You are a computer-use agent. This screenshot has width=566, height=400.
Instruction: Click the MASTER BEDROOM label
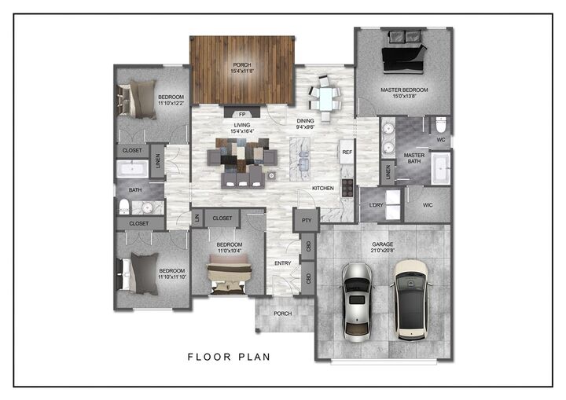coord(404,90)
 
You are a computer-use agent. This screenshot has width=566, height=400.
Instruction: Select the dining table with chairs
coord(324,94)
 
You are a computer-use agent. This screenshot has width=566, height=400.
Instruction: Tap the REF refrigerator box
coord(347,152)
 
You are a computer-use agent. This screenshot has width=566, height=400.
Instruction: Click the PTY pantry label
coord(307,221)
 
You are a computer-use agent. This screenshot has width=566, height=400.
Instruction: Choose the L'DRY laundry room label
coord(376,206)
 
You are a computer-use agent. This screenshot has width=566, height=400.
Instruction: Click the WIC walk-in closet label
coord(427,206)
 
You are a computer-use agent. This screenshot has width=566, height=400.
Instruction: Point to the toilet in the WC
coord(441,126)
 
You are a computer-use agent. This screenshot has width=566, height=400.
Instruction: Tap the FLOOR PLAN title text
coord(229,357)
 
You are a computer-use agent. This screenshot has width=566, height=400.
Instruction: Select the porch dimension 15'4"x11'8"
coord(241,72)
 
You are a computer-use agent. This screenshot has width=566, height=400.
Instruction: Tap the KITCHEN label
coord(323,189)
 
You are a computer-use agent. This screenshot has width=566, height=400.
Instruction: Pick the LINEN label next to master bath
coord(388,172)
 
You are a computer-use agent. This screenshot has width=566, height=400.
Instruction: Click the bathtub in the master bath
coord(440,167)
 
